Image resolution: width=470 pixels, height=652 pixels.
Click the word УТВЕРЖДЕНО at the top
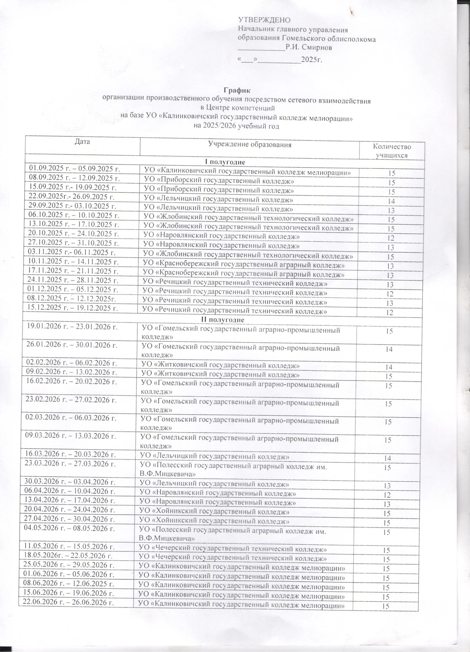[264, 20]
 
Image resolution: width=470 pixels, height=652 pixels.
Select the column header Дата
[82, 141]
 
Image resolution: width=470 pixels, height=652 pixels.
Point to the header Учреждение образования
[249, 145]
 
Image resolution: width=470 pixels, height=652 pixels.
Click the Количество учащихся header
[392, 151]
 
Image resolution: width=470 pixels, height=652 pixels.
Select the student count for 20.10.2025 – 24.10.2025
[390, 238]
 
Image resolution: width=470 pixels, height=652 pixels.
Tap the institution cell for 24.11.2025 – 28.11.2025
[235, 284]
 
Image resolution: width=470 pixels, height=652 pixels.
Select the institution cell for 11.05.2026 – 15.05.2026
[233, 549]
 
